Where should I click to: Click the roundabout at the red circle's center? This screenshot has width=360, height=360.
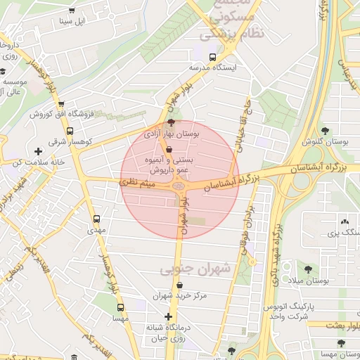coord(179,187)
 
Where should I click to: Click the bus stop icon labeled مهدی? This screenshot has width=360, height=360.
coord(96,218)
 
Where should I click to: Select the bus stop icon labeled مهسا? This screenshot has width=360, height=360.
coord(120,307)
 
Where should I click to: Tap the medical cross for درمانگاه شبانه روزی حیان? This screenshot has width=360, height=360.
coord(167,316)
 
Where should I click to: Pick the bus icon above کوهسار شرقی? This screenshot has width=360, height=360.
coord(69,131)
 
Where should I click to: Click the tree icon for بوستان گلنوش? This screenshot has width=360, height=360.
coord(324,130)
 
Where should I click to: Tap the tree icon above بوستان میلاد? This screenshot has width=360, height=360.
coord(307,269)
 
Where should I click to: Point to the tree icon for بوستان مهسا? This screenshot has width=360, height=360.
coord(340,344)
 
